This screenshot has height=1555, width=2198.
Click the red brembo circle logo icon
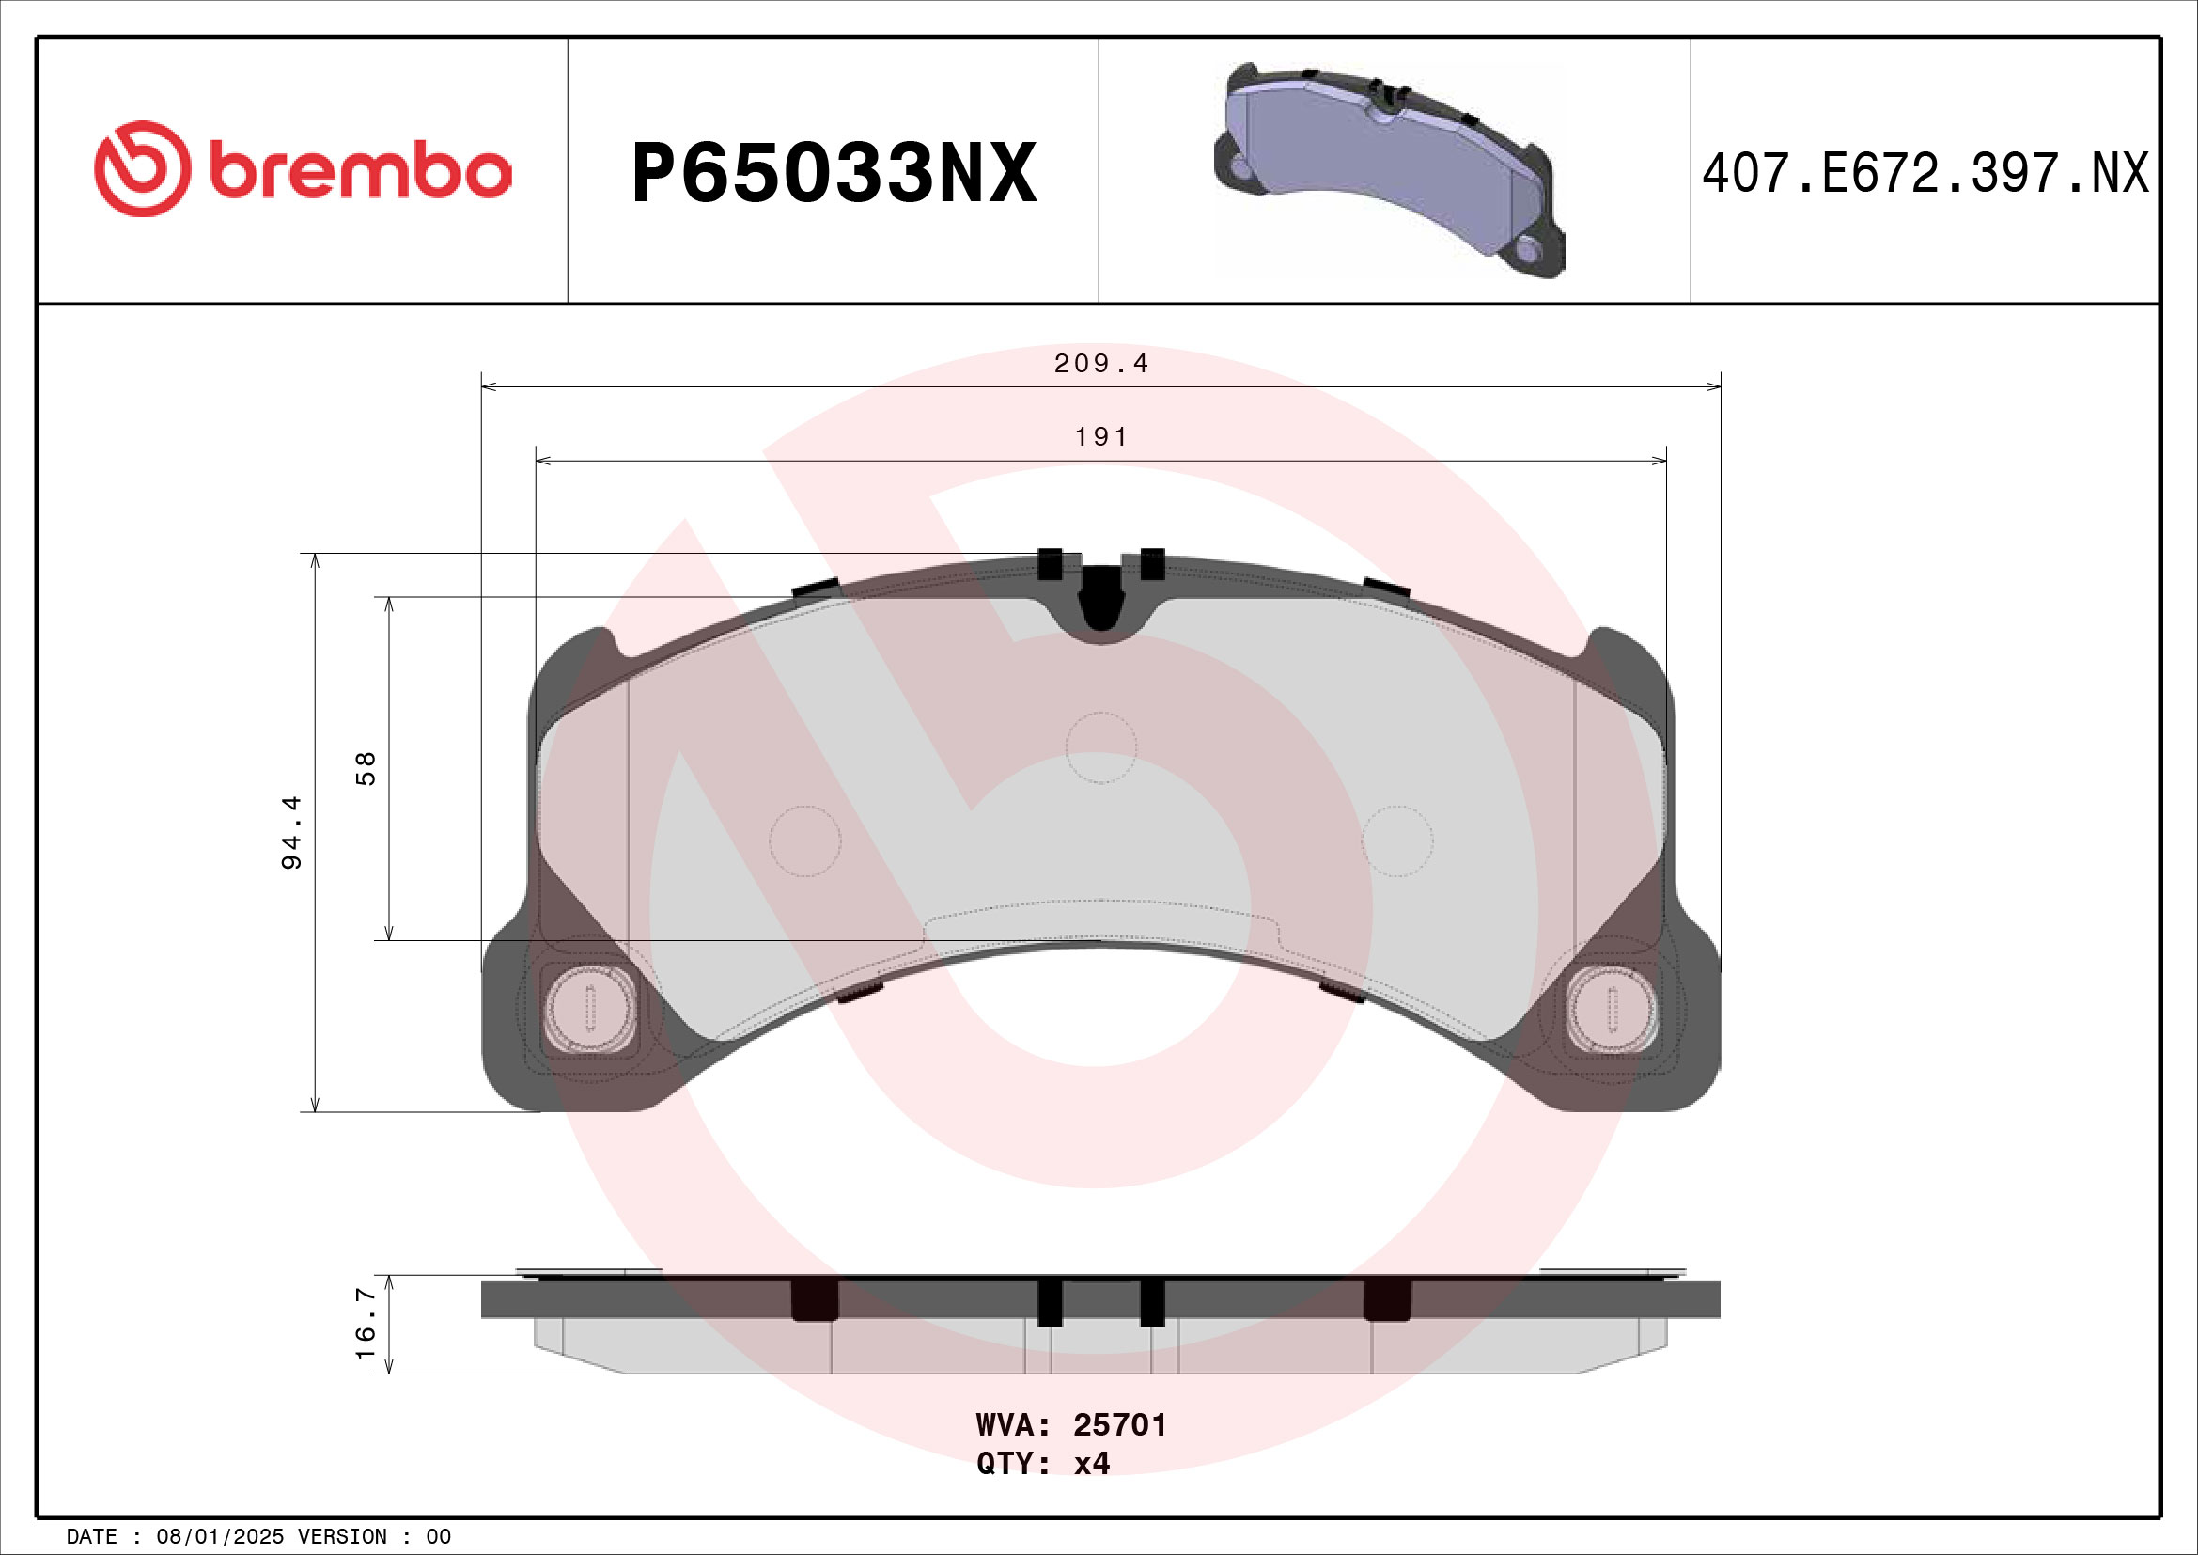pos(142,168)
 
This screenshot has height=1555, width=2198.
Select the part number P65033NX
pos(834,173)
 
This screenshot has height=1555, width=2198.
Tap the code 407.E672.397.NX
pos(1925,174)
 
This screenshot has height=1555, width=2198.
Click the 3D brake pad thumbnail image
pos(1389,170)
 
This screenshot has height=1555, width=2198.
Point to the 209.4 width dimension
pos(1100,364)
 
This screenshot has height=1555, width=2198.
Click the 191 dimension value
pos(1101,437)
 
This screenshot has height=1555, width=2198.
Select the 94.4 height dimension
pos(291,832)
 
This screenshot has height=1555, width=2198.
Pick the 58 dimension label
pos(366,769)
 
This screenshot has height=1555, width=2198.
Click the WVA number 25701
pos(1119,1424)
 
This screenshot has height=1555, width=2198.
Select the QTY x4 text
pos(1042,1464)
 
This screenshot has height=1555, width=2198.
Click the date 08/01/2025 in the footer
pos(219,1537)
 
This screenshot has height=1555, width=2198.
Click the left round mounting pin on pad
pos(590,1008)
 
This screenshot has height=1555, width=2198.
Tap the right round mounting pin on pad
pos(1613,1008)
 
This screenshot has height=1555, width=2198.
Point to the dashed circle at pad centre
pos(1101,747)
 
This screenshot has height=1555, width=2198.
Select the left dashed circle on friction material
pos(805,840)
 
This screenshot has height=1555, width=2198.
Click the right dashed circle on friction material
pos(1397,840)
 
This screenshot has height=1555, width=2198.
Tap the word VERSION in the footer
pos(343,1537)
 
